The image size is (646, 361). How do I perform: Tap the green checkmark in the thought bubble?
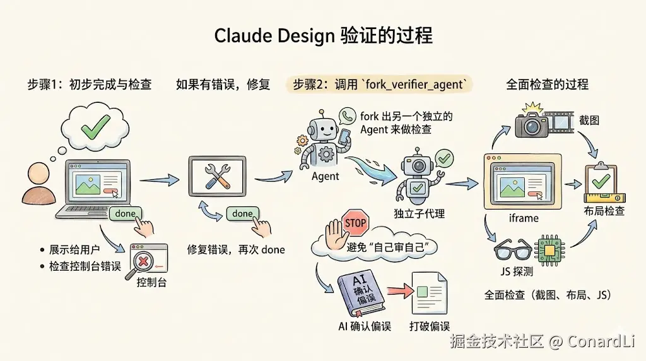click(93, 127)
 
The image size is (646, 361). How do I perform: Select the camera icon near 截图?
click(532, 123)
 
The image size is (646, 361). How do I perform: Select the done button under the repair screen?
click(242, 214)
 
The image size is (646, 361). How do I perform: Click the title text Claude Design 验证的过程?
click(323, 36)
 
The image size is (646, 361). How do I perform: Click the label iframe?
click(524, 218)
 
